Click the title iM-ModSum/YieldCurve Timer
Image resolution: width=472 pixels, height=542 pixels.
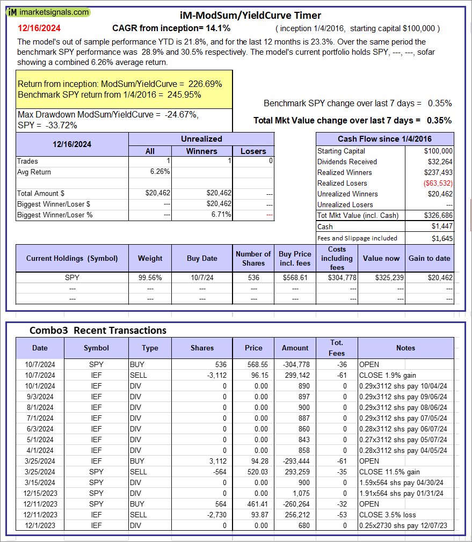pyautogui.click(x=250, y=16)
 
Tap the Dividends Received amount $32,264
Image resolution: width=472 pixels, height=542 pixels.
pyautogui.click(x=438, y=162)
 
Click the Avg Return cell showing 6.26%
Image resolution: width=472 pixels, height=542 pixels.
pyautogui.click(x=159, y=172)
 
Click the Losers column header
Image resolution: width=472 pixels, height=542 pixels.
pyautogui.click(x=253, y=151)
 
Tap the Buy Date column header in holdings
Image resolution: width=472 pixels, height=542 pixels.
pyautogui.click(x=202, y=258)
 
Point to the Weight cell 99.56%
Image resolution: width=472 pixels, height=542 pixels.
pyautogui.click(x=150, y=277)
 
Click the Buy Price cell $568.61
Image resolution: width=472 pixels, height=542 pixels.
pyautogui.click(x=295, y=277)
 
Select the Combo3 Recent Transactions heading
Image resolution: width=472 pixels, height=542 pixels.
pyautogui.click(x=98, y=330)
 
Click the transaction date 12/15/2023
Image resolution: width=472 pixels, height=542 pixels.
pyautogui.click(x=40, y=493)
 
